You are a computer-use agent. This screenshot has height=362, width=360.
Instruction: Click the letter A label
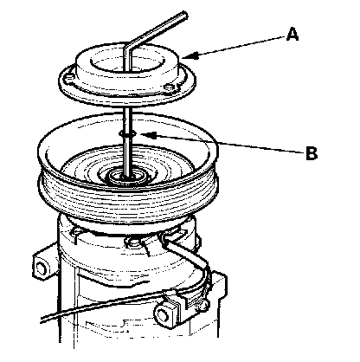point(292,34)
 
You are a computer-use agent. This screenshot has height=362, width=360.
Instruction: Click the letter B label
point(312,153)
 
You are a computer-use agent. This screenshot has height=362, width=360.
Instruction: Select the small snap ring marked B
point(127,133)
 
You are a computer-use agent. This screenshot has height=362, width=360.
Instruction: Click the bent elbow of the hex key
point(127,47)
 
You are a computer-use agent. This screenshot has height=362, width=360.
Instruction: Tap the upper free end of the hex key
point(184,15)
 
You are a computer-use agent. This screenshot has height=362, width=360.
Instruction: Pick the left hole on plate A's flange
point(68,78)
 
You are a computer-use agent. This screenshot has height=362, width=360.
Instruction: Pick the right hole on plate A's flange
point(170,87)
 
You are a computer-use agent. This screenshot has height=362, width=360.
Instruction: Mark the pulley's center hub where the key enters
point(127,176)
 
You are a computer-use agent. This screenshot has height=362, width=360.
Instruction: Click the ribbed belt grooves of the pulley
point(127,199)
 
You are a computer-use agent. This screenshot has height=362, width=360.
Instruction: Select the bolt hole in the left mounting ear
point(41,268)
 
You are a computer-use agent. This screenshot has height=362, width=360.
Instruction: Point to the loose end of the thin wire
point(42,319)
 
